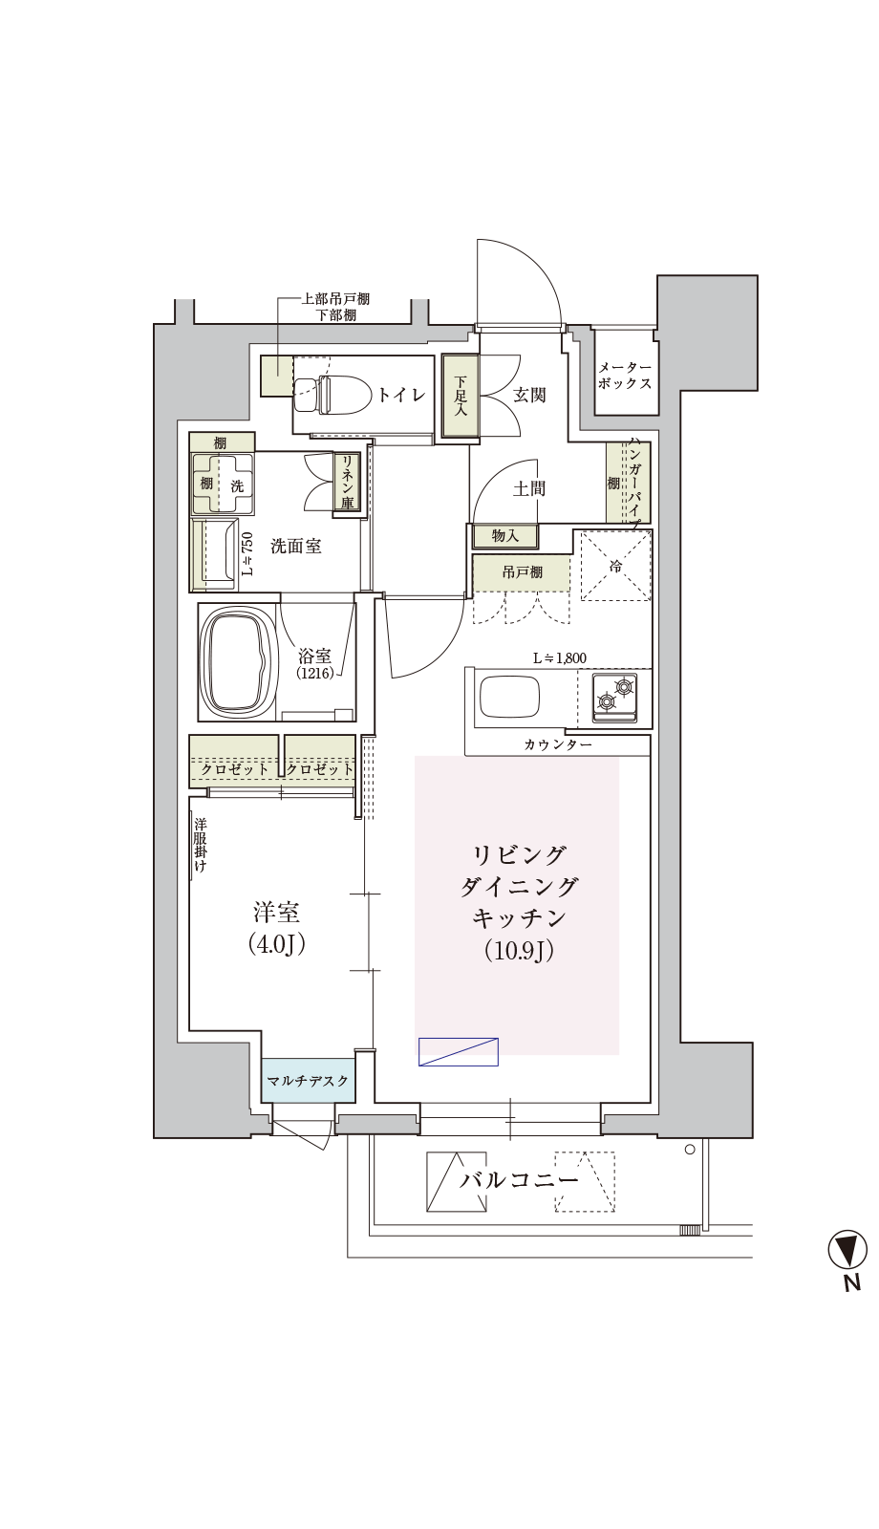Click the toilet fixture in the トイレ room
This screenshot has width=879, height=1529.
(322, 395)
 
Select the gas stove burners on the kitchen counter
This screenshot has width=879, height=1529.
(614, 697)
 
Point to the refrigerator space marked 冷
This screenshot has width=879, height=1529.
(615, 565)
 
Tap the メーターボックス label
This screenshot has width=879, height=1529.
(625, 376)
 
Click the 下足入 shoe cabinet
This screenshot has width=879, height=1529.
(460, 396)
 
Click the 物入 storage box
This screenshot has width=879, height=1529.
(505, 536)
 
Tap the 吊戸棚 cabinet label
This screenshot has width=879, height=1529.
(522, 572)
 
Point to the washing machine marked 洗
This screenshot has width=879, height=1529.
(222, 485)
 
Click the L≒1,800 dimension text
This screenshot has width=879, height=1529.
(560, 658)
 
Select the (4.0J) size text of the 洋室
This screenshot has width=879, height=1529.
(276, 944)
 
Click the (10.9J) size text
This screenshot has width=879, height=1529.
(519, 951)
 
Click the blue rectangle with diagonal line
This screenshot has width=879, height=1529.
(458, 1052)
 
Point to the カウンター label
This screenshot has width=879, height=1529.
(558, 744)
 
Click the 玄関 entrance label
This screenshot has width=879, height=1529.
(529, 395)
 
